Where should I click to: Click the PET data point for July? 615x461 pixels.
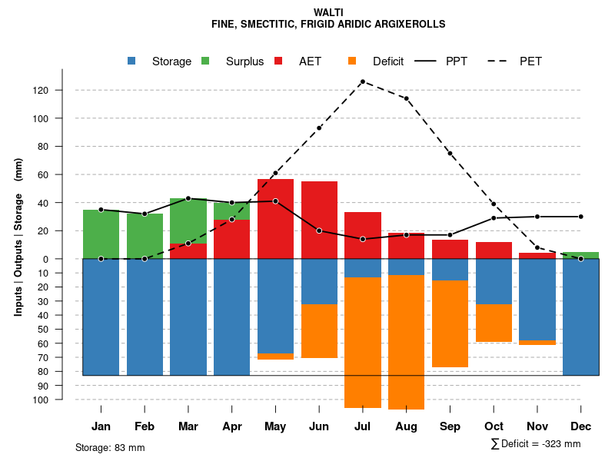point(362,81)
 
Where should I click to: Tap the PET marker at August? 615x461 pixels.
point(406,98)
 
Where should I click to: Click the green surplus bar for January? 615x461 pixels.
point(101,234)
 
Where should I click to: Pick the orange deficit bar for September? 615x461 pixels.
point(450,323)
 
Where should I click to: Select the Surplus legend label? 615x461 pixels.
point(244,61)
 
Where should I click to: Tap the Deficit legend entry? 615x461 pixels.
point(388,61)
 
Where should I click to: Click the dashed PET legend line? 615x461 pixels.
point(497,61)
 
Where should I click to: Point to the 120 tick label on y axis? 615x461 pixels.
point(61,91)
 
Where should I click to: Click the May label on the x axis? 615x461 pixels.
point(275,426)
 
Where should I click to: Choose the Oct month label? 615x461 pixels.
point(494,426)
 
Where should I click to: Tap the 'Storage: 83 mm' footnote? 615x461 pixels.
point(110,447)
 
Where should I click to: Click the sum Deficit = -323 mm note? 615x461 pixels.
point(535,444)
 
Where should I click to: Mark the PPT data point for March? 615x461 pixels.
point(188,198)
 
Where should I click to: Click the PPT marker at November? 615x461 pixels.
point(537,217)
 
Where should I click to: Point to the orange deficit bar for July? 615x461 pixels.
point(362,342)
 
